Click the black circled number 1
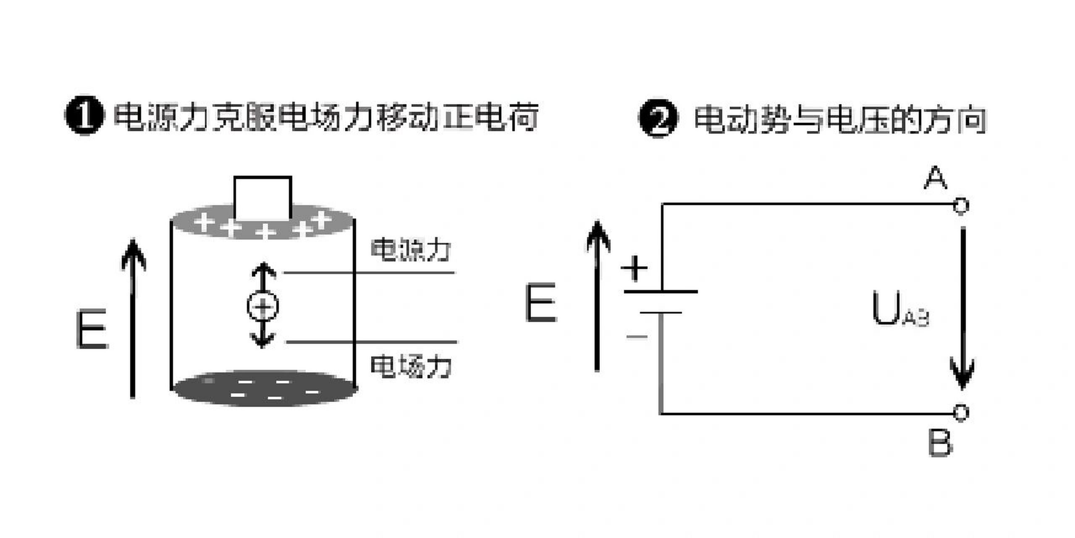84,115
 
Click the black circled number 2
658,118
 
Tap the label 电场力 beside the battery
411,366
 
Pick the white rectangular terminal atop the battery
263,198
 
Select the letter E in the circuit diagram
541,303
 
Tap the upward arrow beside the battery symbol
597,296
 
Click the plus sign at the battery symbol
634,268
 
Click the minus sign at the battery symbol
637,336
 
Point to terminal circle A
961,206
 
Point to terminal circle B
961,412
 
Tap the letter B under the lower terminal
940,443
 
